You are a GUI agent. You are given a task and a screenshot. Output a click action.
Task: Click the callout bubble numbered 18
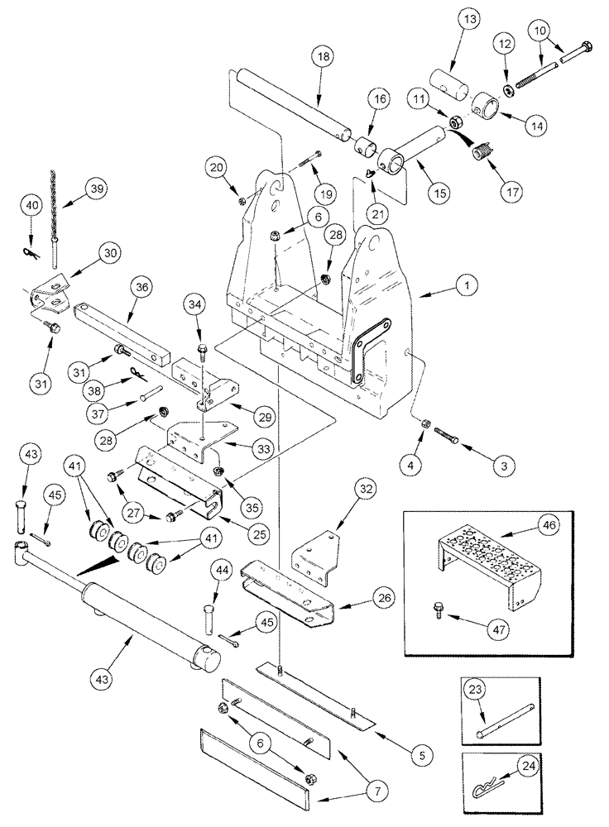pyautogui.click(x=323, y=59)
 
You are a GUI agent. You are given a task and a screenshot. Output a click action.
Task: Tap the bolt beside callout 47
pyautogui.click(x=437, y=611)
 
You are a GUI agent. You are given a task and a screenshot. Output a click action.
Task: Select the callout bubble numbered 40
pyautogui.click(x=33, y=204)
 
